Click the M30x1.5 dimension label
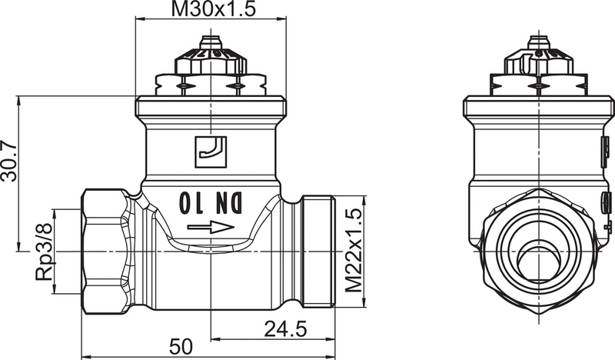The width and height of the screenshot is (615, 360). tap(213, 10)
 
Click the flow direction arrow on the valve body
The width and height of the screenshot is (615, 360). tap(210, 227)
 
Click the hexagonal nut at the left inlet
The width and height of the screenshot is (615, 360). tap(105, 252)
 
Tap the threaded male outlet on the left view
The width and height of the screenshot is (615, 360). tap(318, 252)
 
